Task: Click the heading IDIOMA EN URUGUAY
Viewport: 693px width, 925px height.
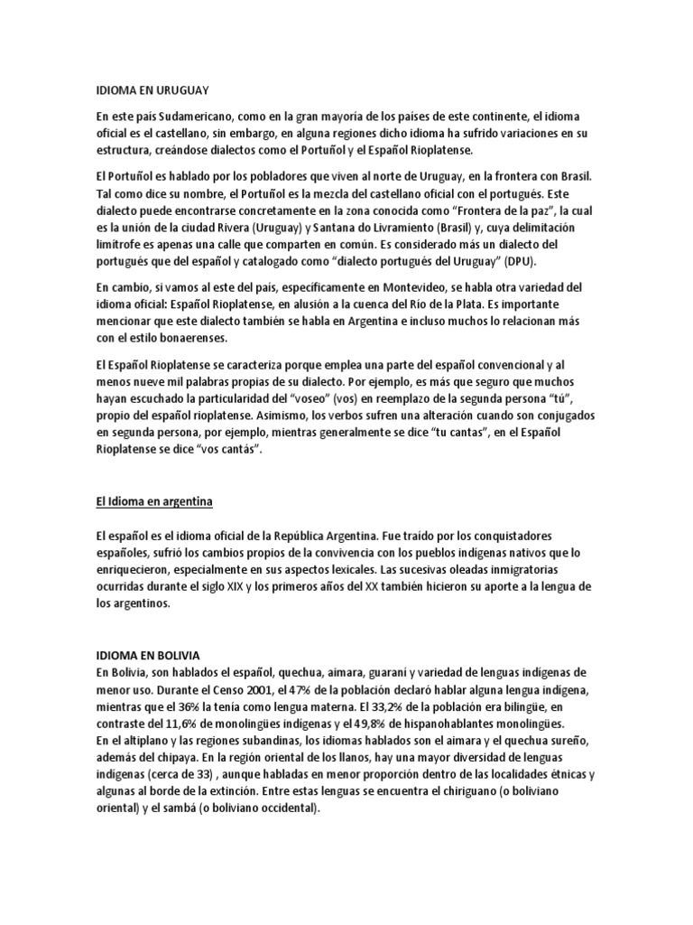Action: point(152,90)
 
